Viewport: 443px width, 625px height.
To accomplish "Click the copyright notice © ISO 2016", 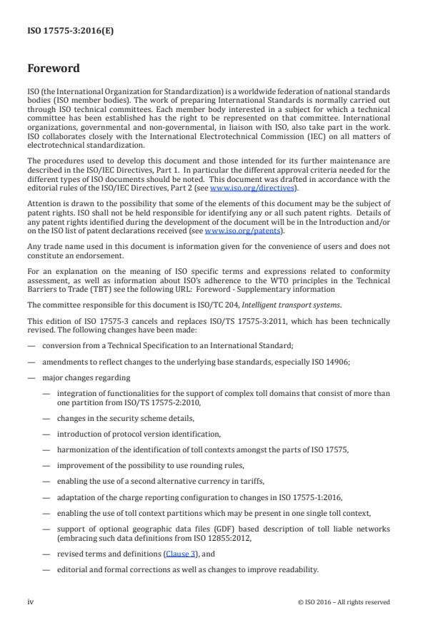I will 343,602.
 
